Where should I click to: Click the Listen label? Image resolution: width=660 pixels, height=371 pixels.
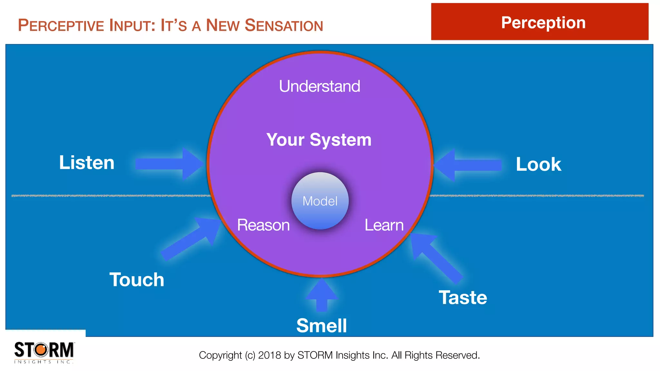pos(87,163)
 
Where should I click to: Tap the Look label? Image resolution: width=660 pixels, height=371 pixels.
pos(539,164)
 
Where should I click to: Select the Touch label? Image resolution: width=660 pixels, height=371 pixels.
pos(137,280)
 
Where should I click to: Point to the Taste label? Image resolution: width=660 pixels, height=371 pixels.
pos(463,297)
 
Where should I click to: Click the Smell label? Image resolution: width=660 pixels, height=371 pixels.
pos(322,326)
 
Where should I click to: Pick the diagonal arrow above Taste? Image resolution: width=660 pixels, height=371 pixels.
pos(435,256)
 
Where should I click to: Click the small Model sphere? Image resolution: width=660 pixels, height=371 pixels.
pos(320,201)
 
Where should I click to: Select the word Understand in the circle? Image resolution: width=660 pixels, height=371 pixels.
pos(319,86)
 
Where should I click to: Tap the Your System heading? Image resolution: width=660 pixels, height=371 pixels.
pos(319,140)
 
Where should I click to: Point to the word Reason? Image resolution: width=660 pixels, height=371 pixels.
pos(263,225)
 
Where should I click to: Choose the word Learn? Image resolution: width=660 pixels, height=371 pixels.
pos(384,225)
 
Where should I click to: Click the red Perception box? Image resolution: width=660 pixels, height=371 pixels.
pos(540,22)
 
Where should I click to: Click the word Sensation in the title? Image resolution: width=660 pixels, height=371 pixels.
pos(284,25)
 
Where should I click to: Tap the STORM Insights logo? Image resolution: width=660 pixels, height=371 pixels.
pos(44,352)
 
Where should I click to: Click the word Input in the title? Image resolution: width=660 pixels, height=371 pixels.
pos(132,25)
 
